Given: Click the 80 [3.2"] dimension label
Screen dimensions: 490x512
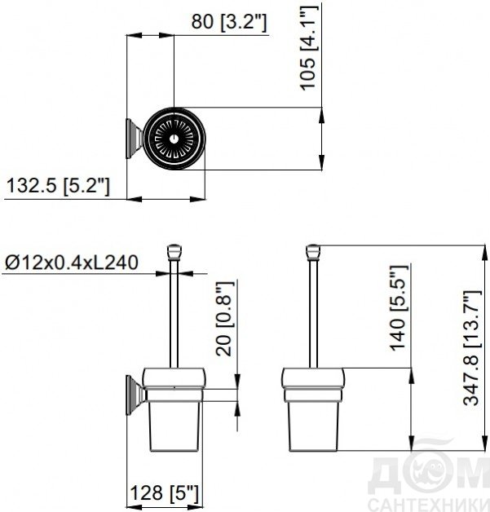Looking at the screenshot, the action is tap(229, 22).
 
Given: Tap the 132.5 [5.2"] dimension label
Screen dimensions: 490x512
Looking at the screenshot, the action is tap(58, 186).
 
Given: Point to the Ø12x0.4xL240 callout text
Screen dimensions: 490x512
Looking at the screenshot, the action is tap(72, 263).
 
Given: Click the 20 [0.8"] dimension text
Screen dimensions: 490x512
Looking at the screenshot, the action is tap(224, 318).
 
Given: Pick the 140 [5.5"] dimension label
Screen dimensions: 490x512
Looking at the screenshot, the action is tap(399, 308).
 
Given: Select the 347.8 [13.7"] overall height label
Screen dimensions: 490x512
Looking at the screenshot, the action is tap(472, 348).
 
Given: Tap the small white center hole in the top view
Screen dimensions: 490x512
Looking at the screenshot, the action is tap(174, 139).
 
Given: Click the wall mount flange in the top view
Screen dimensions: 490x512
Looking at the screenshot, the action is tap(133, 139).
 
